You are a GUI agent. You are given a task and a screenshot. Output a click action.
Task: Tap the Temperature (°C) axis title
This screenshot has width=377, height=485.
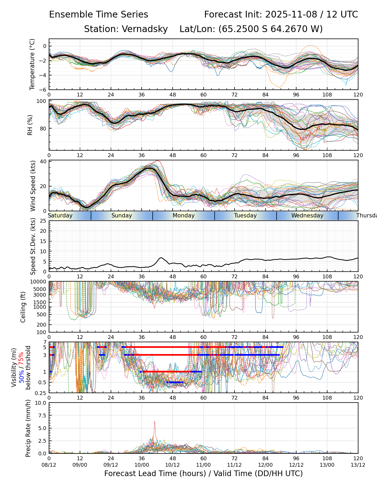click(x=32, y=64)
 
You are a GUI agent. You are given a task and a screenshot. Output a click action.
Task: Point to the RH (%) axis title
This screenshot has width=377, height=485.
click(x=30, y=125)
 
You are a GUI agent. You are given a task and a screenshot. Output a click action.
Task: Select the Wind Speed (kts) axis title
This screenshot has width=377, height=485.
click(x=33, y=186)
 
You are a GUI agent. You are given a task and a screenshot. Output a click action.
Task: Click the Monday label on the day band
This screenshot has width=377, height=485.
click(x=183, y=216)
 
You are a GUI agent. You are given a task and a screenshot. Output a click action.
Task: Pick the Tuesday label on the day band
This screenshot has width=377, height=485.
click(x=245, y=216)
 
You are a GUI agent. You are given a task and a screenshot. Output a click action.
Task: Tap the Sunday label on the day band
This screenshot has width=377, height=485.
click(x=122, y=216)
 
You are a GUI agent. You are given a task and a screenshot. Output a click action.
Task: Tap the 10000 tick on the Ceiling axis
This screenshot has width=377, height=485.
click(x=39, y=282)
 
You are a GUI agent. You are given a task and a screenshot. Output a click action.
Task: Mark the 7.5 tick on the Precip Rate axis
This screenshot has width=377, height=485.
click(x=42, y=415)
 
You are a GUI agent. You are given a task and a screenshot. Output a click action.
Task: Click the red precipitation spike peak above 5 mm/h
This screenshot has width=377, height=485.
click(x=155, y=421)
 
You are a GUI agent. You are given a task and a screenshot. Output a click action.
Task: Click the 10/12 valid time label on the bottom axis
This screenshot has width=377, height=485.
click(x=172, y=465)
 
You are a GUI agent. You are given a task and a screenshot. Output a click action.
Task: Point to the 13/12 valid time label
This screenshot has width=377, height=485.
click(x=358, y=465)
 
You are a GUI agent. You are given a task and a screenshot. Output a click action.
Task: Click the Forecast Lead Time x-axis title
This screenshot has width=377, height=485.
click(x=203, y=473)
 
